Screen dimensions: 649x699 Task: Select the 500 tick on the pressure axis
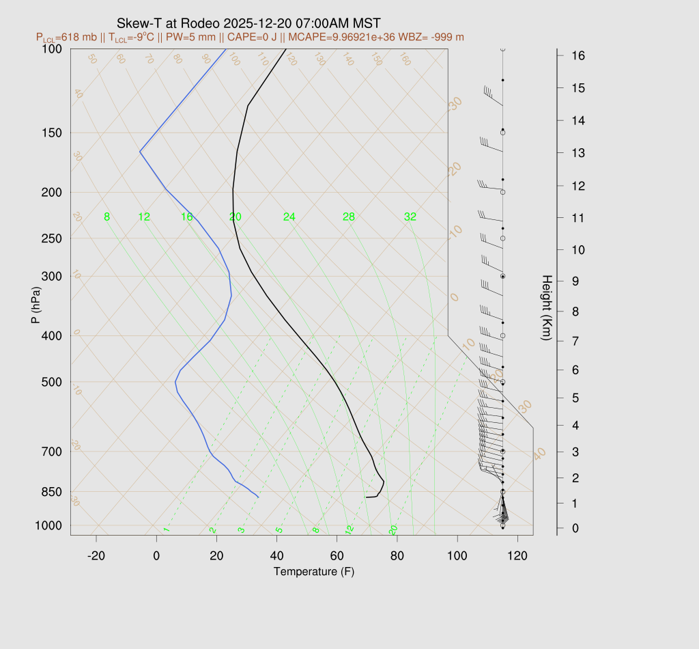pos(52,382)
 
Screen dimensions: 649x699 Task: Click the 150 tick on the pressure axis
pos(52,133)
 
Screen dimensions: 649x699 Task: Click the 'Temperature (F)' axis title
pos(314,571)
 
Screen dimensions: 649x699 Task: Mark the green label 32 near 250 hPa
pos(410,217)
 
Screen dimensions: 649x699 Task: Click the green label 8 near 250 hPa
pos(106,217)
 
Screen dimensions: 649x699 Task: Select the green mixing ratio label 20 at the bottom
pos(393,529)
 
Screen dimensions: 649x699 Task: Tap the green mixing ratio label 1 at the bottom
pos(166,529)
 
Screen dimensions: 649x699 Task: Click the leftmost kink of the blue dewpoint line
pos(140,151)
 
